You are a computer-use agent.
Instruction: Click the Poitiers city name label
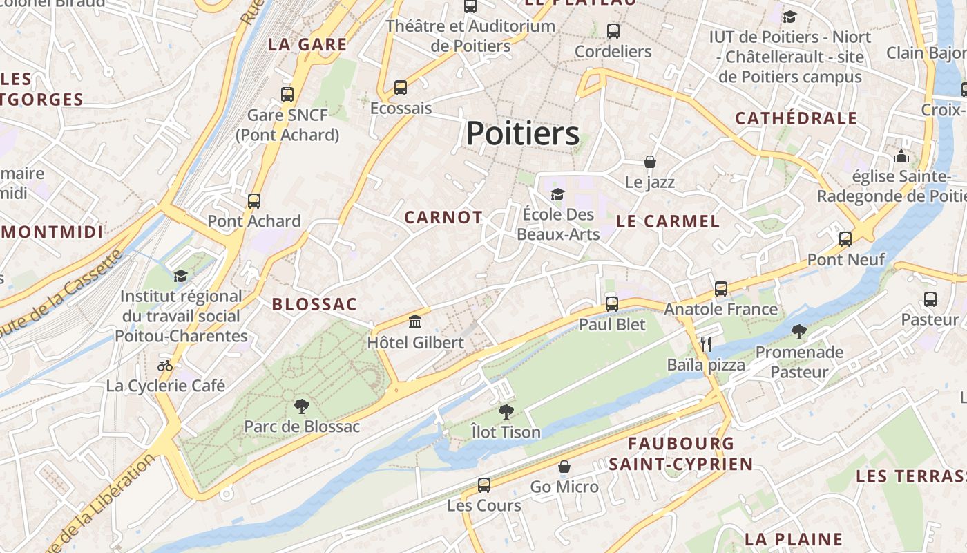pyautogui.click(x=522, y=133)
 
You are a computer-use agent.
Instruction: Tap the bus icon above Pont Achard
pyautogui.click(x=254, y=201)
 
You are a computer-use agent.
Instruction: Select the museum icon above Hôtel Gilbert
pyautogui.click(x=415, y=321)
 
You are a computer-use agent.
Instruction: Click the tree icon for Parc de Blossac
pyautogui.click(x=301, y=406)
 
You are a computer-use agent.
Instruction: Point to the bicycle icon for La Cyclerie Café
pyautogui.click(x=165, y=366)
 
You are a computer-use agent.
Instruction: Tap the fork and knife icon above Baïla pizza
pyautogui.click(x=705, y=344)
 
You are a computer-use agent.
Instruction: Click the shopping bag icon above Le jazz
pyautogui.click(x=649, y=162)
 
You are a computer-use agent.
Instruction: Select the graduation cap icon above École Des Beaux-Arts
pyautogui.click(x=557, y=194)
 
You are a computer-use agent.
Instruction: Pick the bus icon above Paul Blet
pyautogui.click(x=611, y=303)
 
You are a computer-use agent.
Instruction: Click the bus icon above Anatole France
pyautogui.click(x=721, y=288)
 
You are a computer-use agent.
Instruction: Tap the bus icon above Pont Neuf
pyautogui.click(x=845, y=239)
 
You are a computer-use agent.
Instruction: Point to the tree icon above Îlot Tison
pyautogui.click(x=506, y=412)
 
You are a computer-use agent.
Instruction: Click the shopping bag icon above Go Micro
pyautogui.click(x=564, y=467)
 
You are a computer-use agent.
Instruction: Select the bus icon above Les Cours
pyautogui.click(x=484, y=485)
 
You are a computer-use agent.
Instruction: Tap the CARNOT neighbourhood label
pyautogui.click(x=443, y=217)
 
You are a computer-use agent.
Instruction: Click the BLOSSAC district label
pyautogui.click(x=314, y=304)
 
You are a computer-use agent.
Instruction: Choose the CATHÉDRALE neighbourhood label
pyautogui.click(x=796, y=118)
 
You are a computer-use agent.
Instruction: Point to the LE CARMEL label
pyautogui.click(x=667, y=221)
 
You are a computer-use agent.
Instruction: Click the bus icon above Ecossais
pyautogui.click(x=401, y=88)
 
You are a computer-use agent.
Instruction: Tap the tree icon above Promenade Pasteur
pyautogui.click(x=799, y=332)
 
